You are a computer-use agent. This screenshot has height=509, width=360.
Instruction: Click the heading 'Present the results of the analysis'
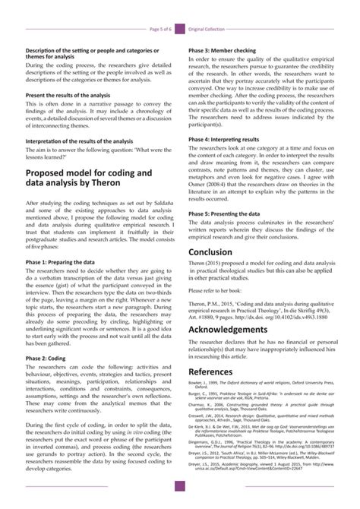coord(71,95)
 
